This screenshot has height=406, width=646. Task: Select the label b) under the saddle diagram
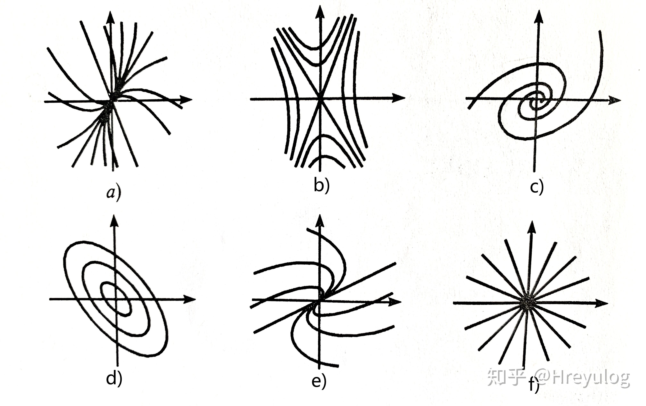point(321,185)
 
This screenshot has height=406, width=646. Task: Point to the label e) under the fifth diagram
point(319,381)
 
